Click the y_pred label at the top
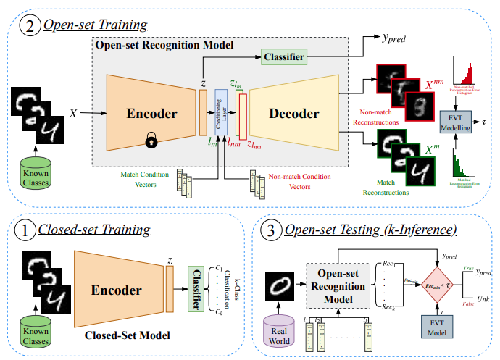pos(395,37)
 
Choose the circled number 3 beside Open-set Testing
pos(269,231)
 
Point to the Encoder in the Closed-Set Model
pos(116,290)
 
